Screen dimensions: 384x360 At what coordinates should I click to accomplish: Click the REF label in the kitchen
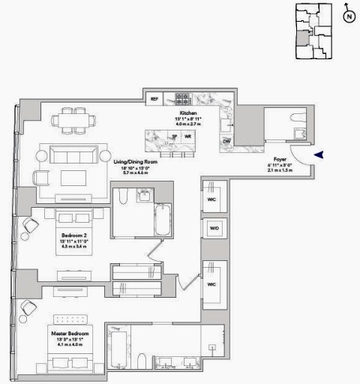(154, 98)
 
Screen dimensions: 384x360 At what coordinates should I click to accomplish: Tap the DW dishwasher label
(226, 140)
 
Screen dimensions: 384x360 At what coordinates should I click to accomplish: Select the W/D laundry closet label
(214, 227)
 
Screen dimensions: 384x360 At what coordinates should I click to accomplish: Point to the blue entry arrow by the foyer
(319, 154)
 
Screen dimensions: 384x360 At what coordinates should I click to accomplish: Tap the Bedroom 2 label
(73, 235)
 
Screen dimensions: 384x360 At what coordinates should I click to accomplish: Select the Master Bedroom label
(70, 332)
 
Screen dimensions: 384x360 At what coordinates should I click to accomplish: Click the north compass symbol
(349, 14)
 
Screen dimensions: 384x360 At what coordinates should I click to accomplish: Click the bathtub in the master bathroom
(120, 352)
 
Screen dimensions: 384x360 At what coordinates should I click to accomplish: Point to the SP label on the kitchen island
(175, 136)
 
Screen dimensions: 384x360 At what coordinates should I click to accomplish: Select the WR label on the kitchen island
(187, 136)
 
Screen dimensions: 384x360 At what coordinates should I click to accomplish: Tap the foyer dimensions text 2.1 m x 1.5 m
(280, 171)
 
